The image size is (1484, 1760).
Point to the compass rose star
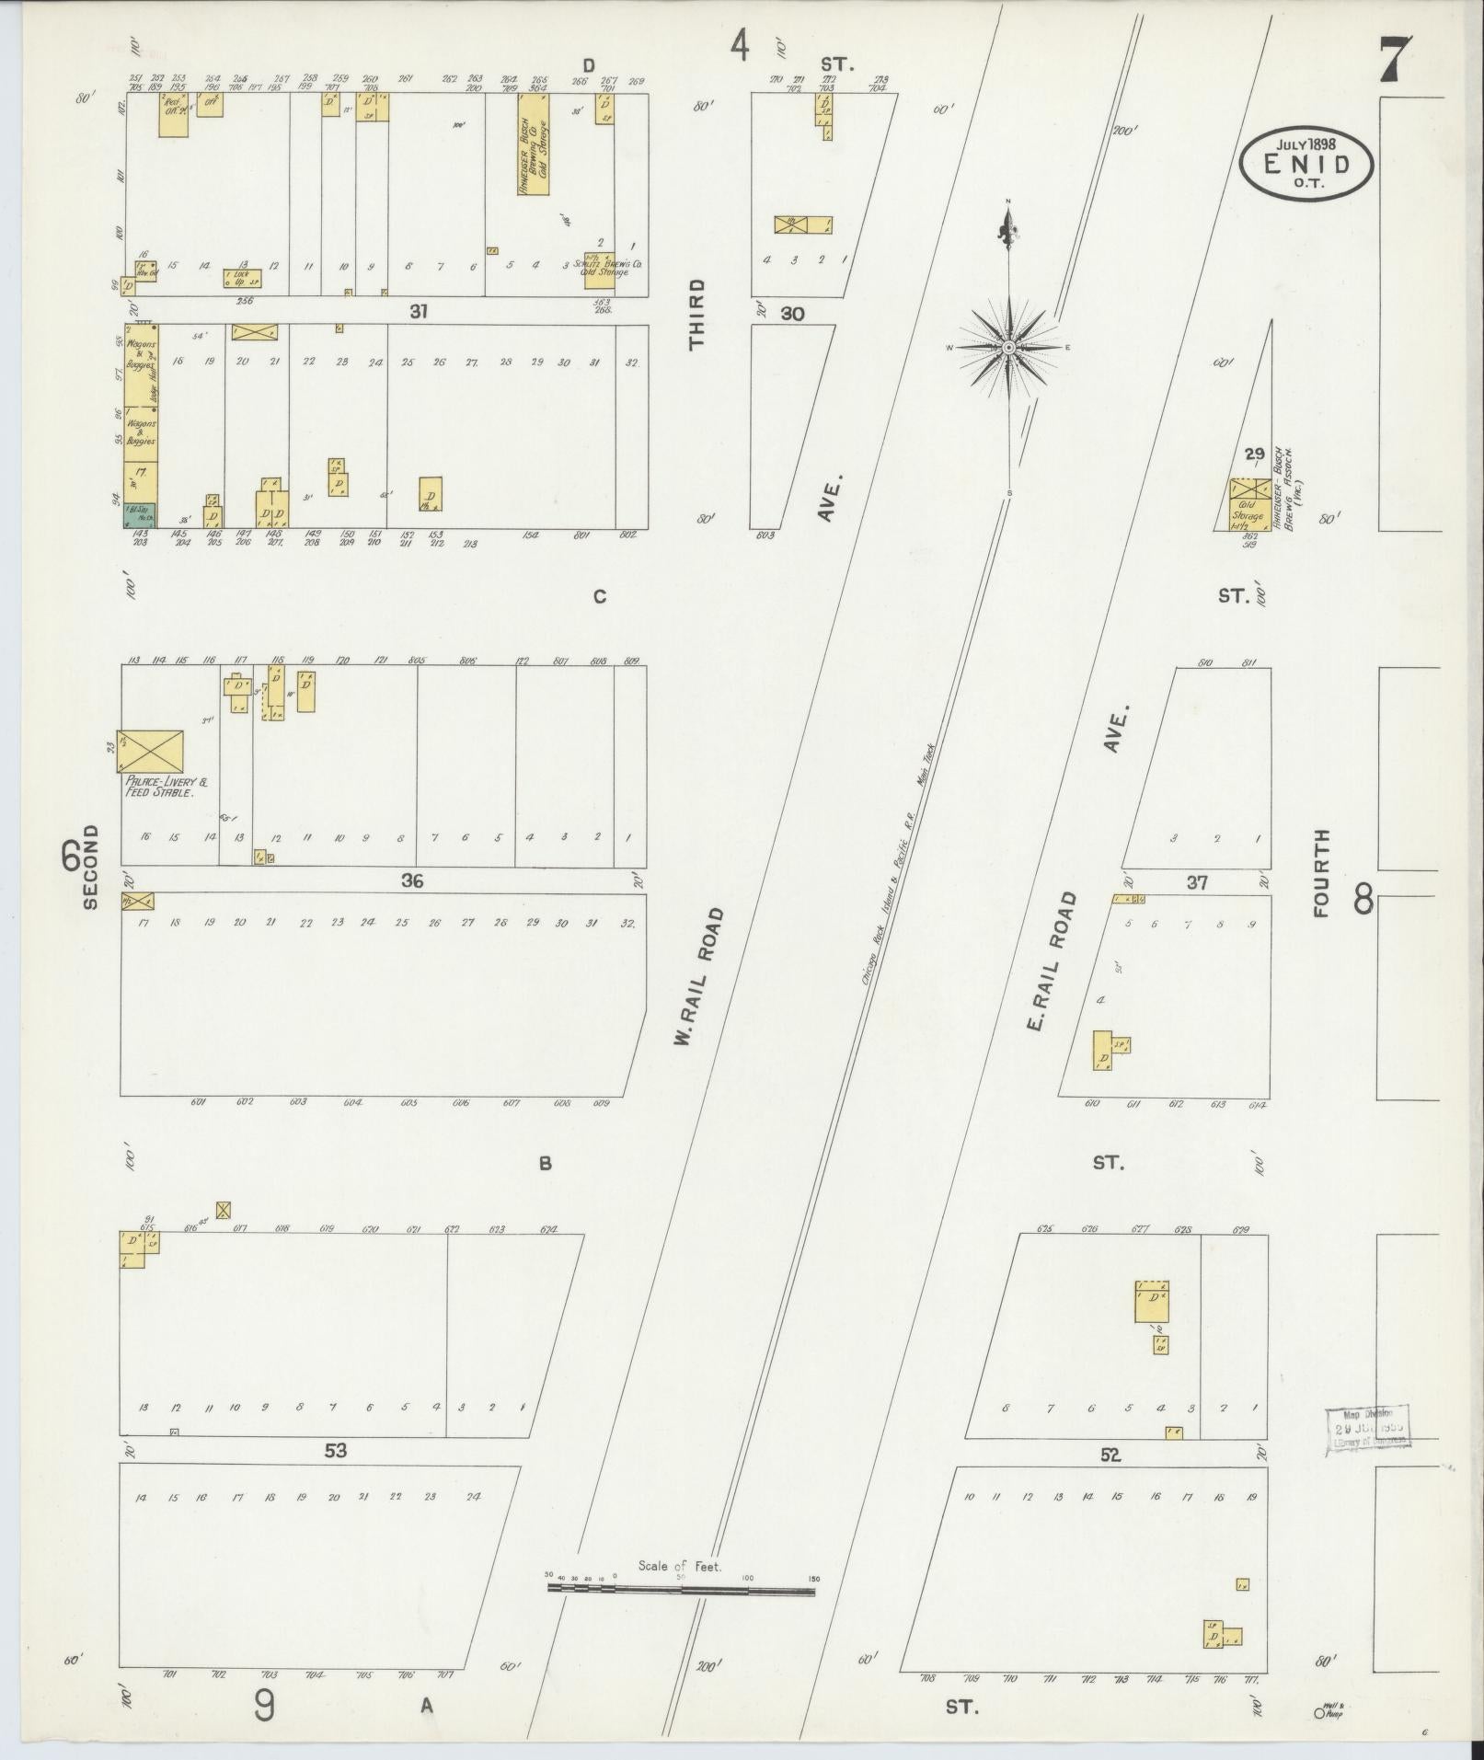1009,348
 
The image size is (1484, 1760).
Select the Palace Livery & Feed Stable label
167,787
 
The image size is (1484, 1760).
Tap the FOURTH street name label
1322,873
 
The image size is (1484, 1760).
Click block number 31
419,312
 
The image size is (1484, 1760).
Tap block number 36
411,880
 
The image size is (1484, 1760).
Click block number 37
1196,883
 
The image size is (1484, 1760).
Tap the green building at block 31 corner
140,515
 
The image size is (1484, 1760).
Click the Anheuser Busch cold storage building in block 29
1250,504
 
